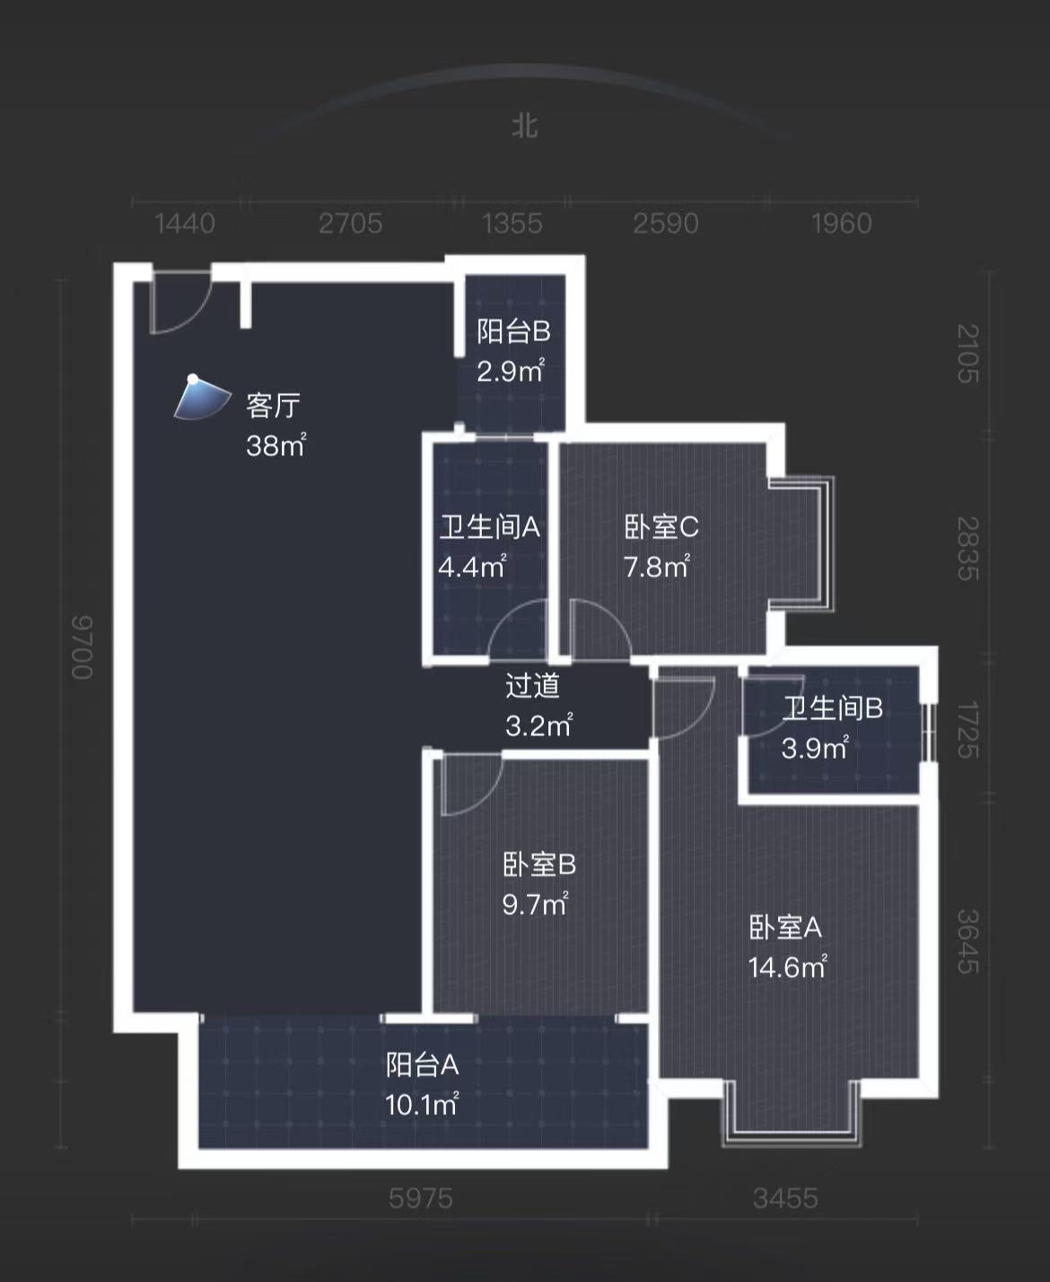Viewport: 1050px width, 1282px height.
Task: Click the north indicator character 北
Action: click(525, 125)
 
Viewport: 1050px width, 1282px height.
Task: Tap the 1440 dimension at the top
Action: click(185, 223)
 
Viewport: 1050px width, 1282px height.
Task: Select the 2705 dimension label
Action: click(350, 223)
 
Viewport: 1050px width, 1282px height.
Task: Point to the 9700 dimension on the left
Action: click(82, 646)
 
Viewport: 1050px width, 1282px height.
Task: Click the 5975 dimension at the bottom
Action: click(421, 1198)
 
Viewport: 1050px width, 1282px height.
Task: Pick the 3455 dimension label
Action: click(785, 1198)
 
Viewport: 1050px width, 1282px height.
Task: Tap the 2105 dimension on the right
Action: click(967, 354)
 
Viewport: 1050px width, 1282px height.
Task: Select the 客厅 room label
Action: click(274, 406)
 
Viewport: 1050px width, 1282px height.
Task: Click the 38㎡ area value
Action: click(276, 445)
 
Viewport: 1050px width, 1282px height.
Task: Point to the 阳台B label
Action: click(513, 332)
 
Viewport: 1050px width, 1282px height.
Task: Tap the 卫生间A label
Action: click(489, 527)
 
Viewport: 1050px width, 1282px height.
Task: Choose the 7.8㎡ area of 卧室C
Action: click(656, 566)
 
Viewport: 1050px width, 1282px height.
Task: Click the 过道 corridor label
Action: click(532, 686)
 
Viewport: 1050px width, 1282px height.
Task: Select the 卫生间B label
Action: click(832, 708)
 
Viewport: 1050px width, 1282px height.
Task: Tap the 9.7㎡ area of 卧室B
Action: click(534, 904)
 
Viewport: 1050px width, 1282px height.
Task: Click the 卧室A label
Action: click(785, 927)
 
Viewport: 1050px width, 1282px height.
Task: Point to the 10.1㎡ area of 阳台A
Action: click(422, 1104)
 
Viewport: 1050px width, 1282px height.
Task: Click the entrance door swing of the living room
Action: click(178, 303)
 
